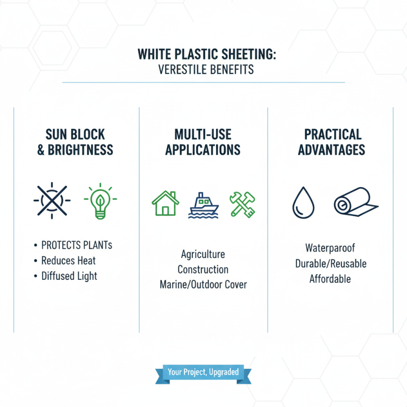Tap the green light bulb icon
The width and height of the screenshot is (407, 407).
click(100, 201)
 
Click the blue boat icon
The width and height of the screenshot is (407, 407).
click(203, 205)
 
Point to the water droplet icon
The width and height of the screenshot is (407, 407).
click(303, 202)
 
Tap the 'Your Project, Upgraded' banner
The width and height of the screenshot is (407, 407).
click(203, 372)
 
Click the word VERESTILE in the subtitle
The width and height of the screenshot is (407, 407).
click(182, 69)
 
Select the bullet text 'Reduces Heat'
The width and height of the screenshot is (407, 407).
click(69, 260)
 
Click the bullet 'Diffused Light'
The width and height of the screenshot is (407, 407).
click(70, 276)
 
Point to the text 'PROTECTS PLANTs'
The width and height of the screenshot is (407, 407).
click(76, 245)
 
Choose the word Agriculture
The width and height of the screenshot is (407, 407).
click(203, 254)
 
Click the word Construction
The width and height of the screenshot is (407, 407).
click(203, 269)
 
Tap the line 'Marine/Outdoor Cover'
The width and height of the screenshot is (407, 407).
click(203, 284)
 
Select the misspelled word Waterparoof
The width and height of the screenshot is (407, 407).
click(330, 248)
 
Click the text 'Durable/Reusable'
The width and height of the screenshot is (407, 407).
click(331, 264)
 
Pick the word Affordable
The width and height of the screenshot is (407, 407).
click(330, 279)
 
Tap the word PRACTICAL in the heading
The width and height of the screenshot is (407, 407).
click(333, 134)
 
